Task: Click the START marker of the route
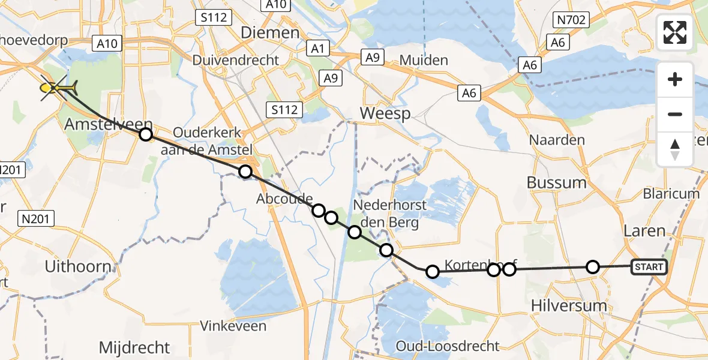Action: [649, 267]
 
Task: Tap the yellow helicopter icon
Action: [58, 89]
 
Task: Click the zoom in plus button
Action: [675, 79]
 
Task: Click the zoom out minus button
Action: [675, 114]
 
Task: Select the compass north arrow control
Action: [675, 149]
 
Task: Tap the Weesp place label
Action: [385, 113]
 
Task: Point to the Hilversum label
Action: [569, 306]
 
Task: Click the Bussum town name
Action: [557, 182]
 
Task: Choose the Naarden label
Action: [557, 140]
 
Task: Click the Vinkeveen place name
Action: [233, 326]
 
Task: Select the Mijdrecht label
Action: [134, 347]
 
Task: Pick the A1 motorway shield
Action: [316, 48]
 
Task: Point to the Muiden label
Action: [424, 60]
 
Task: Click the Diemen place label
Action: [269, 32]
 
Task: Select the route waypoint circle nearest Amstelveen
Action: [146, 134]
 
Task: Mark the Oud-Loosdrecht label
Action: [448, 346]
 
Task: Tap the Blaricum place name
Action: [671, 194]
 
